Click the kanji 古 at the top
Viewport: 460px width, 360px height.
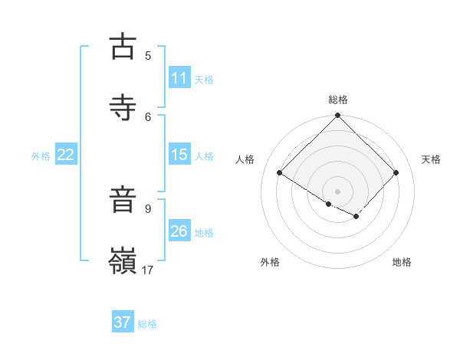coord(123,47)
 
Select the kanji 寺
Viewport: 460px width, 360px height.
coord(123,107)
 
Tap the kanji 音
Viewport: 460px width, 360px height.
coord(123,200)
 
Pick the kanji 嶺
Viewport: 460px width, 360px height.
coord(123,260)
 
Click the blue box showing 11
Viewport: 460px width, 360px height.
coord(179,78)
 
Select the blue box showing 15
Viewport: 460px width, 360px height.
coord(179,155)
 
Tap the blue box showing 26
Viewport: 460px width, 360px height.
coord(179,231)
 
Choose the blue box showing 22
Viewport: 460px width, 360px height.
coord(66,155)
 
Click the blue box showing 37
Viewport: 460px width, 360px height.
coord(123,322)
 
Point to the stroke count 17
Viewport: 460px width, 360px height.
coord(148,270)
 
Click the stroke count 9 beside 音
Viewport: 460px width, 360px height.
coord(148,208)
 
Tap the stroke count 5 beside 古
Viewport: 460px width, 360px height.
coord(148,55)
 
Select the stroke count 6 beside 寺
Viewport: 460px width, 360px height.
coord(148,116)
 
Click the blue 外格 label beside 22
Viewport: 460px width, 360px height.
coord(41,156)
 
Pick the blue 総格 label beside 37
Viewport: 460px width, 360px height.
coord(147,324)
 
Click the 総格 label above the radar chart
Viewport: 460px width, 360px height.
coord(338,100)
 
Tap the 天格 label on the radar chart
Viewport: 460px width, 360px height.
coord(432,159)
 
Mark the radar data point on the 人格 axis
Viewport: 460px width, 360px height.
coord(280,173)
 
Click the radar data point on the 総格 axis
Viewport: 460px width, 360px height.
coord(338,116)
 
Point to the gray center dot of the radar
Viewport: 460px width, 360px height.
coord(338,191)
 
